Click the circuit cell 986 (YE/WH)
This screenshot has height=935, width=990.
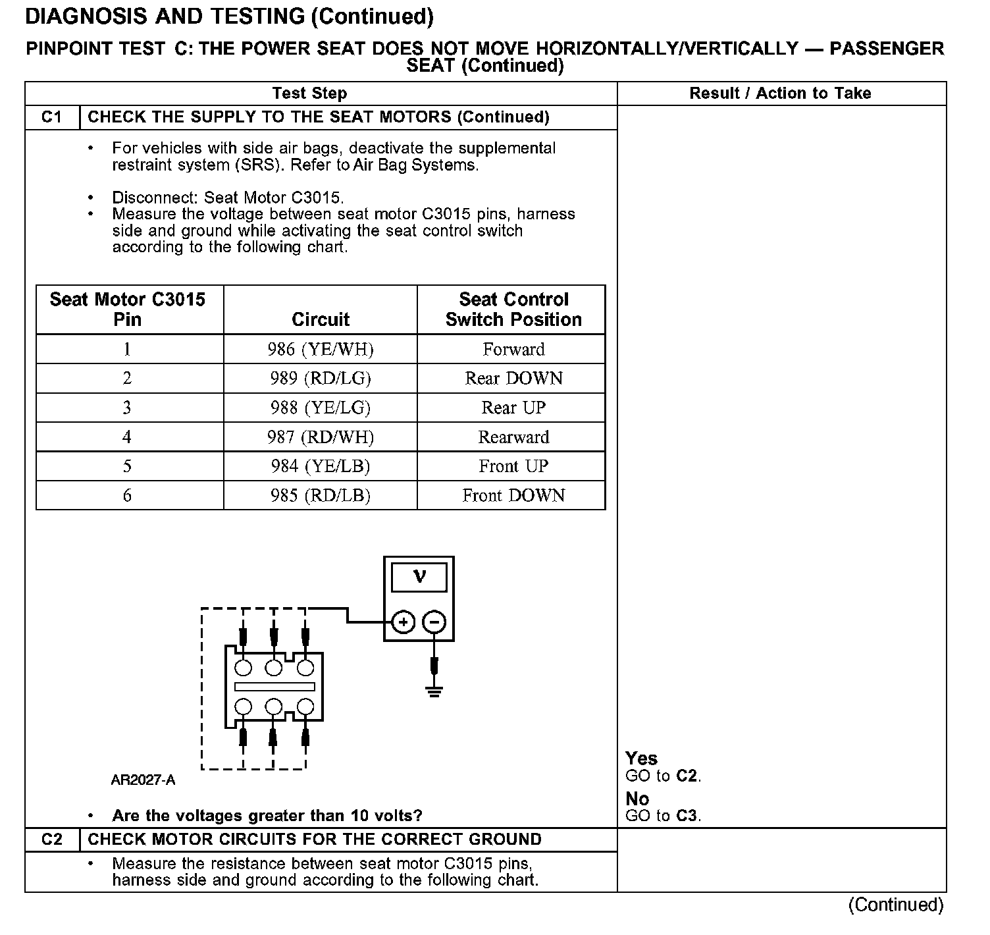[320, 349]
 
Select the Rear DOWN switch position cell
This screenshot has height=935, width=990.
[513, 379]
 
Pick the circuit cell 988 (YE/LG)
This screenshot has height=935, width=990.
[320, 408]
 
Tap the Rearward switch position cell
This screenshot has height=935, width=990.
[513, 437]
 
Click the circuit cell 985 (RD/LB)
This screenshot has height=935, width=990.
[320, 495]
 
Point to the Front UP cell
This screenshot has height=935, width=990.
[513, 466]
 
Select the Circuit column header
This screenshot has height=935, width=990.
[320, 319]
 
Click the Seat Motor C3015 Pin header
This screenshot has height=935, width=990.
[128, 309]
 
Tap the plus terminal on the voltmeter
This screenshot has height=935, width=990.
[404, 622]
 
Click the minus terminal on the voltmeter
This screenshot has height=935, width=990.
[434, 622]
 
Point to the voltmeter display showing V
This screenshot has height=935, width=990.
[419, 577]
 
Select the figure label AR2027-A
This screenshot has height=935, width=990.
[143, 781]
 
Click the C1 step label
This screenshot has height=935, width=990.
[52, 117]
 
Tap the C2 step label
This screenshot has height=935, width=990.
[52, 840]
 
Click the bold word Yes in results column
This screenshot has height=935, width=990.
[641, 759]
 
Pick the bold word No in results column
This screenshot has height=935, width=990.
[637, 799]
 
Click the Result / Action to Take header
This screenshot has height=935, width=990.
[780, 93]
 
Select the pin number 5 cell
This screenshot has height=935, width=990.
[128, 466]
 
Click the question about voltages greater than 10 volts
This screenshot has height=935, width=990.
[267, 816]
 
